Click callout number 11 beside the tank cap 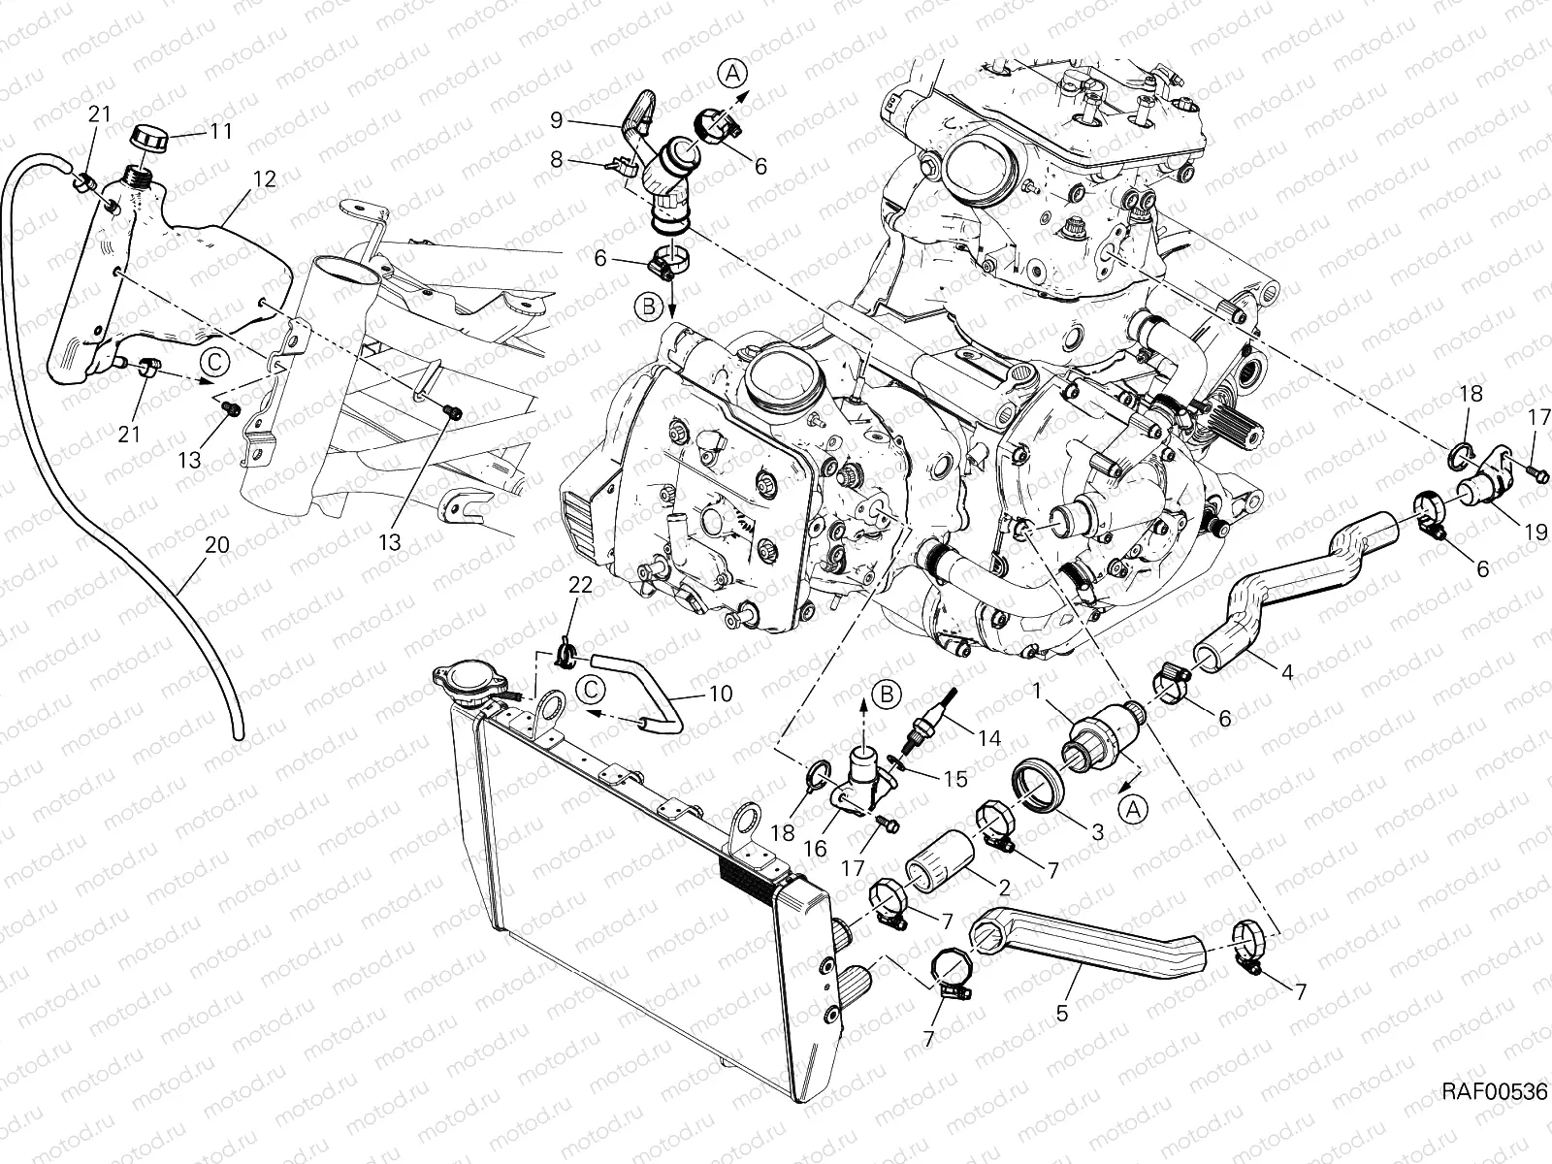pos(222,130)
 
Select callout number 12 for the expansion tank pos(265,178)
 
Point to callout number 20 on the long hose pos(217,544)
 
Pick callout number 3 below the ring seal pos(1097,831)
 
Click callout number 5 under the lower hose pos(1062,1013)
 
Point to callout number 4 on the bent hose pos(1287,670)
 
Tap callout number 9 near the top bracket pos(557,119)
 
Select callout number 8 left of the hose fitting pos(557,158)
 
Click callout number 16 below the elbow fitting pos(815,848)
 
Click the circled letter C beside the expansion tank pos(215,362)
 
